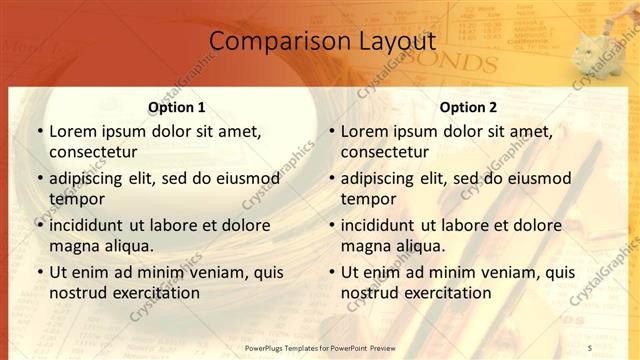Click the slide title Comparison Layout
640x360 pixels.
pos(323,42)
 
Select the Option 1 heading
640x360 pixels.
pos(176,107)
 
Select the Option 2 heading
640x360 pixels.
pos(468,107)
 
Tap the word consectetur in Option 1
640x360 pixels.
pos(93,152)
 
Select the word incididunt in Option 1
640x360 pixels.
pos(92,225)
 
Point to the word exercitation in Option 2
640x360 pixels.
pos(444,293)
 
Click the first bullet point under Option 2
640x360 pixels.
pos(331,131)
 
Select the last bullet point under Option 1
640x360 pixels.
pos(39,272)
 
